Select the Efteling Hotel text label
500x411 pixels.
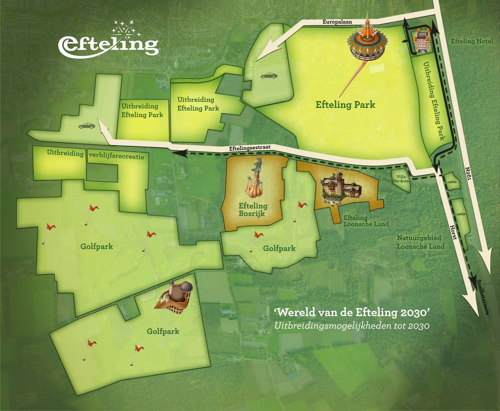click(472, 41)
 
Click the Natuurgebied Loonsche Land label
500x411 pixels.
click(421, 242)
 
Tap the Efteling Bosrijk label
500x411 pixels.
click(253, 209)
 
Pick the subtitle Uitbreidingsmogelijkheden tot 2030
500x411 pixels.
click(352, 325)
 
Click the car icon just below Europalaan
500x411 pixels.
click(269, 76)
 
